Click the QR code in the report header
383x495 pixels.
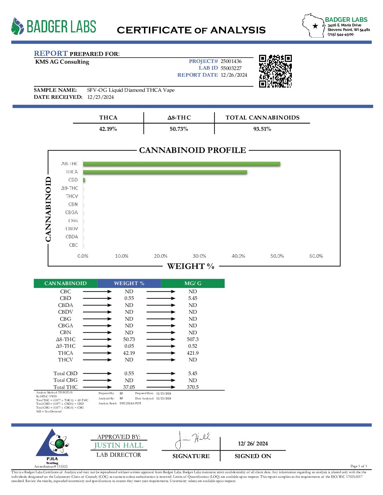[x=275, y=71]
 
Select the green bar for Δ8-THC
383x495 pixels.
[x=181, y=164]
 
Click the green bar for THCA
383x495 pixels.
[x=165, y=172]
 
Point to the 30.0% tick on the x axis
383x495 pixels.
[x=199, y=256]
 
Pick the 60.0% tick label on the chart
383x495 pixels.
[x=316, y=256]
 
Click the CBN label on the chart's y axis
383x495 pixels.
[x=73, y=204]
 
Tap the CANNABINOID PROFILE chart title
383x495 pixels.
[x=193, y=150]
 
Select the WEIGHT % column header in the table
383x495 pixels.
[x=129, y=283]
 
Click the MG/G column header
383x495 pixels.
[x=193, y=283]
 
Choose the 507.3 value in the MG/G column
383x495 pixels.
[x=193, y=339]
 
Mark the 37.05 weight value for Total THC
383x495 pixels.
[x=129, y=387]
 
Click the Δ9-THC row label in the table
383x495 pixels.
[x=65, y=346]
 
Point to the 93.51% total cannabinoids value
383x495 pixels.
[x=262, y=129]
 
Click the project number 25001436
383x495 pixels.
[x=231, y=61]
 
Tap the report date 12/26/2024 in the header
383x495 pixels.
[x=234, y=75]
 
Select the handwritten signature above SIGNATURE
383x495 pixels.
[x=192, y=439]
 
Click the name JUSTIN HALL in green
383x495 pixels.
[x=119, y=445]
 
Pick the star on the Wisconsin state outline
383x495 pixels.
[x=315, y=26]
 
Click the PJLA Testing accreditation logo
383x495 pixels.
[x=52, y=445]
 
